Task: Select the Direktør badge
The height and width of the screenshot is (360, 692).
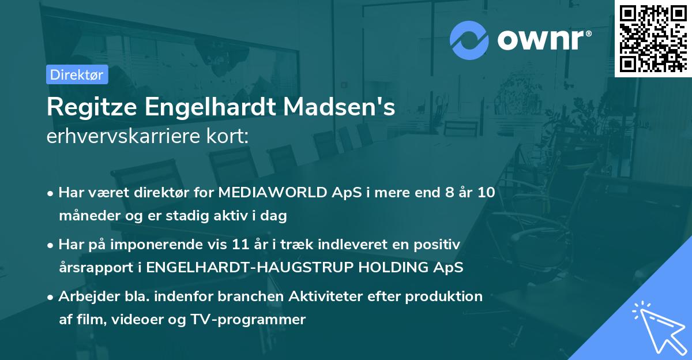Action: (77, 74)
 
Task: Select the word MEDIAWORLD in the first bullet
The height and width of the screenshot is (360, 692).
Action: (266, 193)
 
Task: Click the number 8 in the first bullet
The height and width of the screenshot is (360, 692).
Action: (443, 193)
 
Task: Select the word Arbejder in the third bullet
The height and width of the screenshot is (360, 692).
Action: (84, 297)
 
